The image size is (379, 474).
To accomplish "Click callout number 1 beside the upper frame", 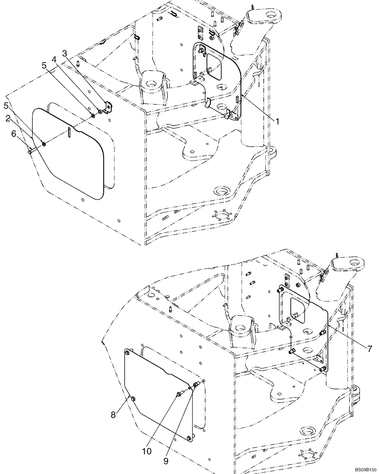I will (278, 121).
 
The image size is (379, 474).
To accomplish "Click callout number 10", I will (147, 451).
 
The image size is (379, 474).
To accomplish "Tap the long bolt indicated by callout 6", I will (30, 151).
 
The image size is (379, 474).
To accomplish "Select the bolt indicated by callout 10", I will (181, 393).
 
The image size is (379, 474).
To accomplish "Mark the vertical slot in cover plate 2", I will (69, 132).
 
